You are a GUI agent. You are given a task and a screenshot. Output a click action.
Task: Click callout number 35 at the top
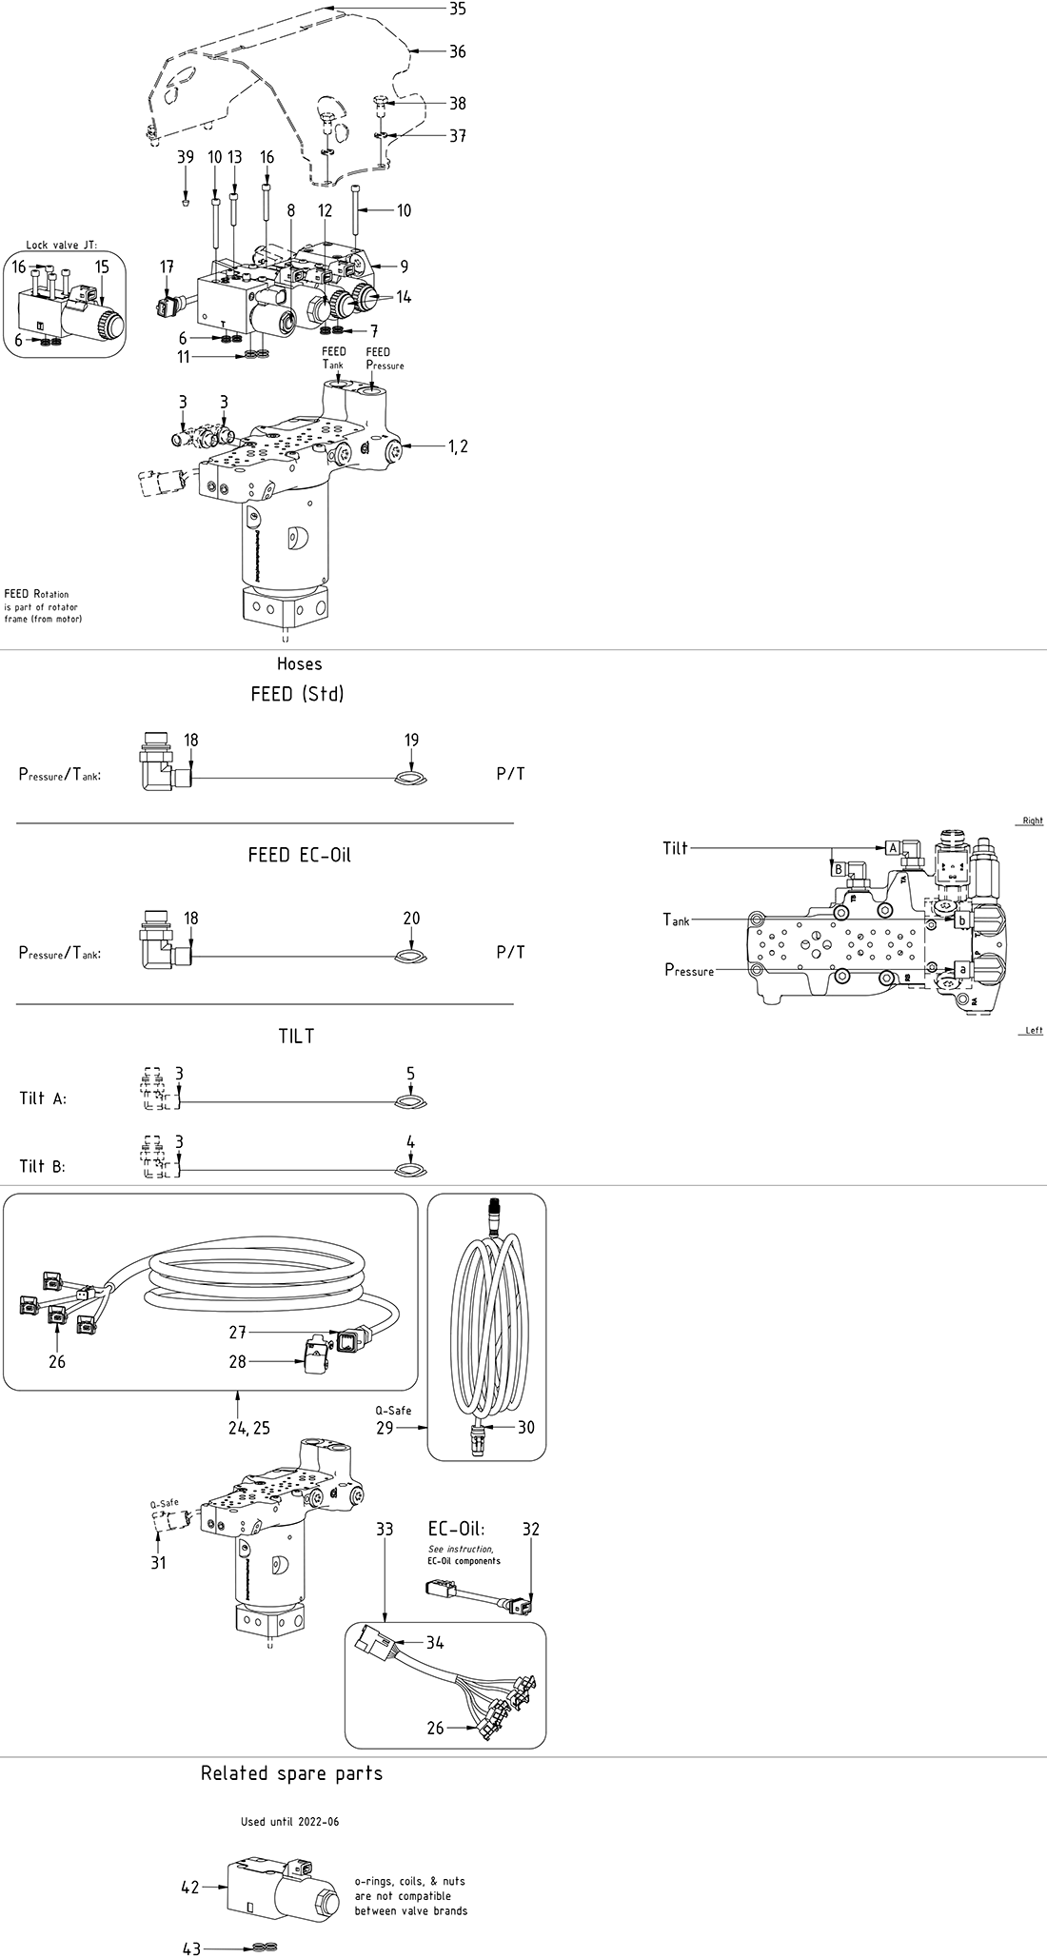pyautogui.click(x=458, y=10)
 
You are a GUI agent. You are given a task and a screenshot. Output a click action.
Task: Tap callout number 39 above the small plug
pyautogui.click(x=185, y=157)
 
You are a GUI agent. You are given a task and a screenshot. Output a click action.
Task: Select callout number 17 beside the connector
pyautogui.click(x=167, y=267)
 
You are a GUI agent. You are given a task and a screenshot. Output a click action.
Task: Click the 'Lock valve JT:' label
pyautogui.click(x=62, y=245)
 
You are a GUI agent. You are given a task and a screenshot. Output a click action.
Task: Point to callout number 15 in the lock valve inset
pyautogui.click(x=102, y=267)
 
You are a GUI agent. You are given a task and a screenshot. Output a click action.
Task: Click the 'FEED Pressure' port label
pyautogui.click(x=385, y=359)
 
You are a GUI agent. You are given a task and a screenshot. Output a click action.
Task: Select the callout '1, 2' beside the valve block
pyautogui.click(x=458, y=446)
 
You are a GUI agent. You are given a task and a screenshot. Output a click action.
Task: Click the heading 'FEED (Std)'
pyautogui.click(x=297, y=694)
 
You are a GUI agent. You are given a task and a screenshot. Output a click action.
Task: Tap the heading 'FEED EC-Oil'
pyautogui.click(x=299, y=855)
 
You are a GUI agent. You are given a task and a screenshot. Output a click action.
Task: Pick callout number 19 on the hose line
pyautogui.click(x=411, y=740)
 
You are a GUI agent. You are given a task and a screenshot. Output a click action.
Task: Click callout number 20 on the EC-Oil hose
pyautogui.click(x=411, y=919)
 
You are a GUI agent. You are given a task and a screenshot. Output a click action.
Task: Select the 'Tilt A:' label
pyautogui.click(x=43, y=1098)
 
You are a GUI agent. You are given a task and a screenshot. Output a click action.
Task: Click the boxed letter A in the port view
pyautogui.click(x=893, y=846)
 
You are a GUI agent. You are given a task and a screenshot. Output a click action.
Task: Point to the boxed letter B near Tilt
pyautogui.click(x=839, y=868)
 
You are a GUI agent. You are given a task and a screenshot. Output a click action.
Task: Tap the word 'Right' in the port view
pyautogui.click(x=1032, y=821)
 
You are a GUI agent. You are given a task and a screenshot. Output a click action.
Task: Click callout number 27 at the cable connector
pyautogui.click(x=237, y=1333)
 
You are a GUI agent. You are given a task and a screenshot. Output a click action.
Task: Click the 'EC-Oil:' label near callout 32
pyautogui.click(x=456, y=1530)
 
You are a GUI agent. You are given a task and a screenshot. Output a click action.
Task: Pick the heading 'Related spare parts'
pyautogui.click(x=291, y=1773)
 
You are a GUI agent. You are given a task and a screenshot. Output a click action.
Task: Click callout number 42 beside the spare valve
pyautogui.click(x=190, y=1887)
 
